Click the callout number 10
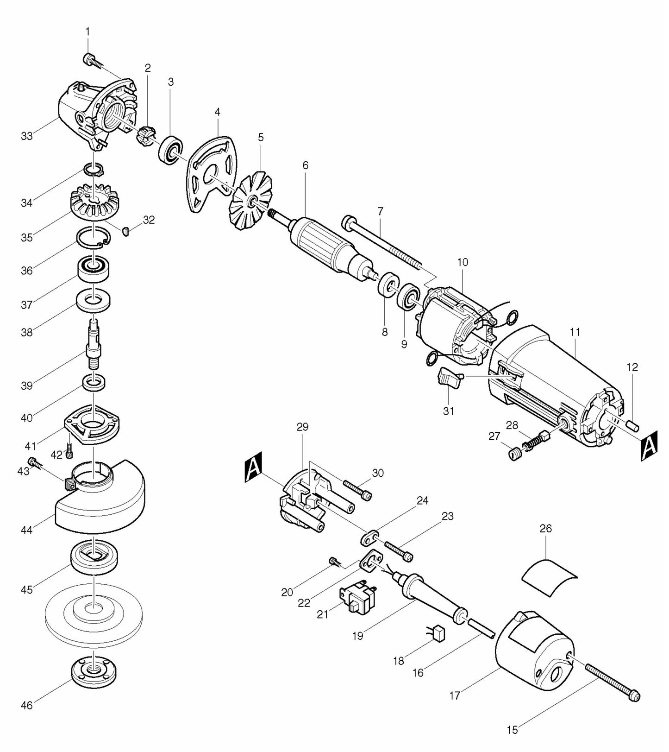click(463, 262)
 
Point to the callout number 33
click(27, 136)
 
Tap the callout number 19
click(357, 636)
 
